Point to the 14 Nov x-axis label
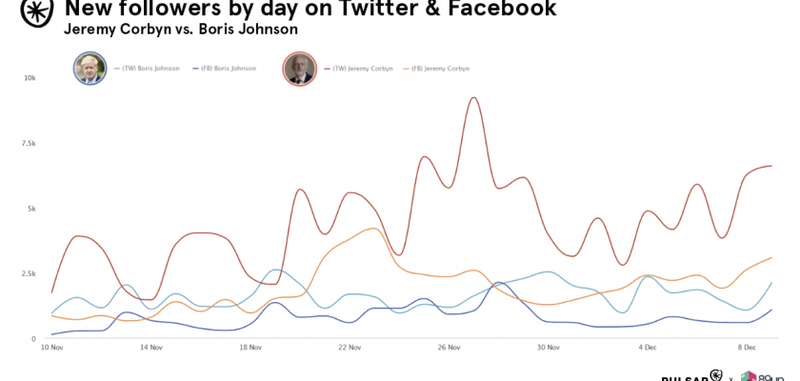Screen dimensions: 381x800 [x=150, y=348]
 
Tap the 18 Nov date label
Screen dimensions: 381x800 [x=250, y=348]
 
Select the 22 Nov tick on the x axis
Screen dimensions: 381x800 [x=350, y=348]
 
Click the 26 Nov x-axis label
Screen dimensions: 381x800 [x=450, y=348]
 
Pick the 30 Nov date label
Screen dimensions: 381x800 [x=549, y=348]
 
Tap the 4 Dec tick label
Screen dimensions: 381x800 [x=649, y=348]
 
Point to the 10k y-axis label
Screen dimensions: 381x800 [x=30, y=78]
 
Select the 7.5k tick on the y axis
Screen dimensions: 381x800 [x=28, y=143]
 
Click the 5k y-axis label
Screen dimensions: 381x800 [x=30, y=209]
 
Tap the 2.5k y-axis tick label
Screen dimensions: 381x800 [x=28, y=273]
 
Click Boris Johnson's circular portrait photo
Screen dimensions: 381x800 [x=90, y=69]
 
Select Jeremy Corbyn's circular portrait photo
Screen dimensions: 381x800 [x=299, y=69]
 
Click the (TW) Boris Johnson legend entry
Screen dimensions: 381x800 [x=148, y=69]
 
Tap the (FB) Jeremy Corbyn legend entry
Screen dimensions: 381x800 [x=439, y=69]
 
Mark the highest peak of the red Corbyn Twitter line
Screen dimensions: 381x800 [x=473, y=97]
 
